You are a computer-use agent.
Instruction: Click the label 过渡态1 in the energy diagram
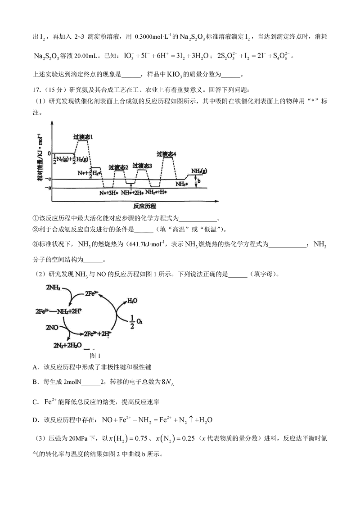83,136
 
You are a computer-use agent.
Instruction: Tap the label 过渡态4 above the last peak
166,154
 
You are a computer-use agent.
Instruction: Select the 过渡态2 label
118,167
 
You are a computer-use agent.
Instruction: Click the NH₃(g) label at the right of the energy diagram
199,171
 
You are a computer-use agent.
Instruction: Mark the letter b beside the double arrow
199,181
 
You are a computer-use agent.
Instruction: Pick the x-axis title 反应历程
144,206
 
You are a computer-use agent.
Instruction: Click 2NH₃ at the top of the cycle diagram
54,287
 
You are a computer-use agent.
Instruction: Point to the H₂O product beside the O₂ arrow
133,300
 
